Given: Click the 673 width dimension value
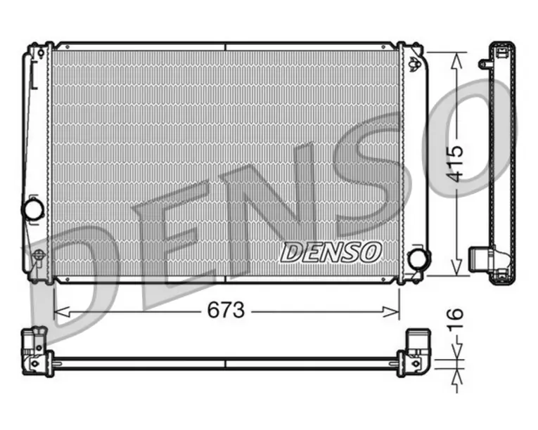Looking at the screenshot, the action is (226, 310).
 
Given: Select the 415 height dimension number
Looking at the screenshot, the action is (456, 164).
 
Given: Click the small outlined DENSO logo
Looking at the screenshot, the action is (331, 252).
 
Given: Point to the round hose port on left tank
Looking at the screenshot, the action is (33, 209).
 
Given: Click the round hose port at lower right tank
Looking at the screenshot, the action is (419, 257).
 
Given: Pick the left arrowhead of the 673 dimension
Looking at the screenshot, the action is (62, 312).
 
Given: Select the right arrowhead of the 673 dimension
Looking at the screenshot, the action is (391, 312).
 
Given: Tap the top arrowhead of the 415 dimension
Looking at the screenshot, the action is (456, 61).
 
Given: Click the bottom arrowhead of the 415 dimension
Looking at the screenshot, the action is (456, 267).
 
